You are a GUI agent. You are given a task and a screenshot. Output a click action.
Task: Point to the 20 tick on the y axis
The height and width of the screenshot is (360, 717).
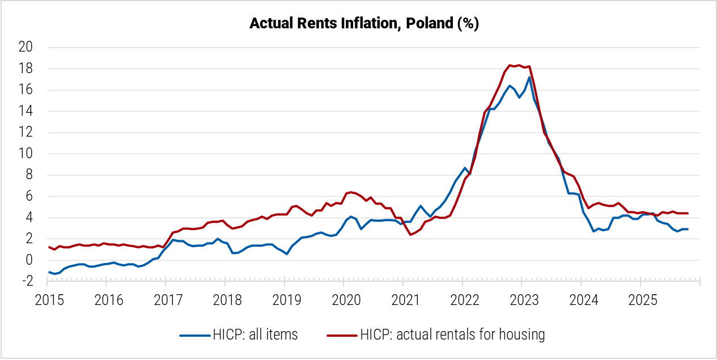click(26, 48)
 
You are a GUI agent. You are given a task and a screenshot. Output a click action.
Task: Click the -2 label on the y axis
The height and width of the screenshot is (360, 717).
click(26, 282)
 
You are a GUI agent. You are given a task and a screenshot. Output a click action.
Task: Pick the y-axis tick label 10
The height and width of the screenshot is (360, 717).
click(26, 154)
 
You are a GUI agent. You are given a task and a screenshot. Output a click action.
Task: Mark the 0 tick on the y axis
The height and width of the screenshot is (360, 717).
click(29, 260)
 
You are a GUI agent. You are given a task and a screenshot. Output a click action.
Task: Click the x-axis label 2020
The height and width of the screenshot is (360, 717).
click(343, 299)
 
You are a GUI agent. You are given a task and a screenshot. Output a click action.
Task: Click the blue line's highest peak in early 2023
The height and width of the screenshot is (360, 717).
click(529, 78)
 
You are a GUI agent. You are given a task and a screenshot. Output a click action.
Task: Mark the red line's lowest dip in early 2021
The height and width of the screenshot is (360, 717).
click(410, 235)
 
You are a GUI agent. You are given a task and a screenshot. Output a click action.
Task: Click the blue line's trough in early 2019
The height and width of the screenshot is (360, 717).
click(287, 254)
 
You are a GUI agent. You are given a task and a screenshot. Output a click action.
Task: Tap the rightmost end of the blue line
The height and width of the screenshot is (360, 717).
click(688, 229)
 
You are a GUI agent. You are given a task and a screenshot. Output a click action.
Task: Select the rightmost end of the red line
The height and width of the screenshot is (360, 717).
click(688, 213)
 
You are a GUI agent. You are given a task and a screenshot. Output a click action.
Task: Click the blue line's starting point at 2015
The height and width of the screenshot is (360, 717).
click(49, 272)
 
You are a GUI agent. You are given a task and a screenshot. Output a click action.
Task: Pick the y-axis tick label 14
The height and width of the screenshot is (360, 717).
click(26, 112)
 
